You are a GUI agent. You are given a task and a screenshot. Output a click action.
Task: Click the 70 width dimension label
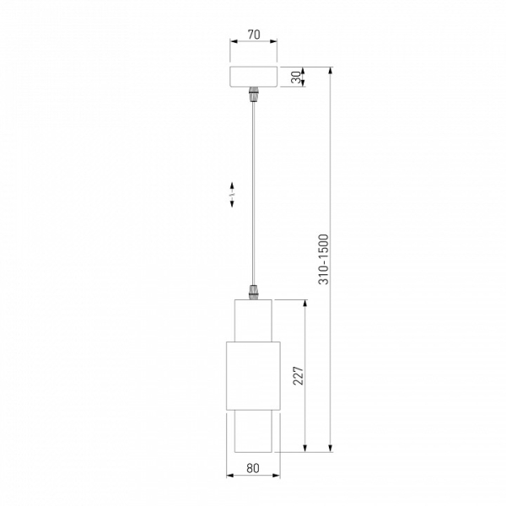pos(254,35)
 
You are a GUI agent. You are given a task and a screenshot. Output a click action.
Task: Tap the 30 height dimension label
pos(296,78)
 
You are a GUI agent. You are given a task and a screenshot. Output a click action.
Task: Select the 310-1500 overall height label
pos(323,260)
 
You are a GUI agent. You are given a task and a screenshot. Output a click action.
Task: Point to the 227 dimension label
pos(299,375)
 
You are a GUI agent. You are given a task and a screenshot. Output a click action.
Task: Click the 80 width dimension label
pos(253,468)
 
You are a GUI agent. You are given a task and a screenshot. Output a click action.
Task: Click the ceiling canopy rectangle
pos(253,77)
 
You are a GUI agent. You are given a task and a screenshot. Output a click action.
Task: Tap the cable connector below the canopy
pos(253,94)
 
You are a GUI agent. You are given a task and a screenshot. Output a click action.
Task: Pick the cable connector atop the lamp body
pos(253,293)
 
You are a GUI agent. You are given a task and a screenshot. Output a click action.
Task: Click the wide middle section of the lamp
pos(253,376)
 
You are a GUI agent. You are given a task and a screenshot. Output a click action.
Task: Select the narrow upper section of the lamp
pos(253,320)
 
